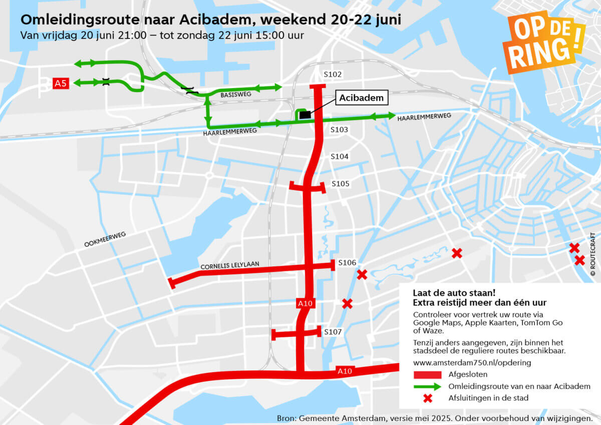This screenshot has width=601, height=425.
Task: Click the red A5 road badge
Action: click(60, 83)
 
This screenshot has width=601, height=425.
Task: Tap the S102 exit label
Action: click(333, 75)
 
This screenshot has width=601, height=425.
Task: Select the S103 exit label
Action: click(339, 130)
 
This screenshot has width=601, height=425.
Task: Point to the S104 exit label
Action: click(340, 157)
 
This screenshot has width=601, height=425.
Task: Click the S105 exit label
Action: click(341, 184)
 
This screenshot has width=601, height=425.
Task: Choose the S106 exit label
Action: click(347, 263)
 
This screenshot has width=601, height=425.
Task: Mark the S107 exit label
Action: click(333, 332)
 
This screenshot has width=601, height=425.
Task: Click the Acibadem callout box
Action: click(361, 98)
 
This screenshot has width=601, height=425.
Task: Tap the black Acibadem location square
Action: click(305, 115)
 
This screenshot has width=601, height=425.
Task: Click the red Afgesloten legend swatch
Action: click(427, 374)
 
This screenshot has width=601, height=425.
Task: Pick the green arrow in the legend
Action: click(427, 386)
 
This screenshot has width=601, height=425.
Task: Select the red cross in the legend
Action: click(427, 398)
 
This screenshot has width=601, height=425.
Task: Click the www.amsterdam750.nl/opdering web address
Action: click(472, 362)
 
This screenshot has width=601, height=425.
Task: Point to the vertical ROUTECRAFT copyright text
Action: click(593, 256)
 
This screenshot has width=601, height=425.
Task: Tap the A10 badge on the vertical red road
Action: click(305, 303)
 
